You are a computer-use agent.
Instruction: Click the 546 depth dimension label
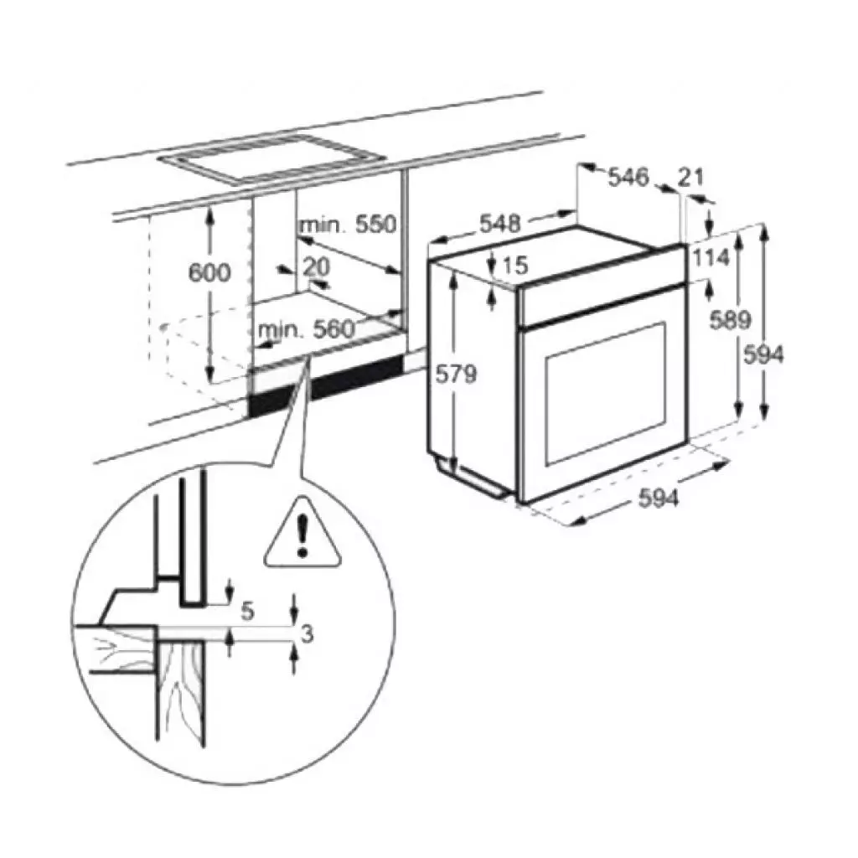tap(628, 178)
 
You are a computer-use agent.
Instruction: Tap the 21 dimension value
tap(690, 177)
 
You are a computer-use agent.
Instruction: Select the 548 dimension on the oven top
tap(499, 223)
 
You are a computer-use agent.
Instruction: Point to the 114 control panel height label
tap(711, 257)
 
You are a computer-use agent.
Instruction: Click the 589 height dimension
tap(730, 320)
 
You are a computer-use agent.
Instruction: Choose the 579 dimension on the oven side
tap(456, 375)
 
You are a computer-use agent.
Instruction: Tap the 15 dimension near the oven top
tap(514, 266)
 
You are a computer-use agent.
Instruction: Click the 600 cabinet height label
tap(209, 272)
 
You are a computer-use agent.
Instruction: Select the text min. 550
tap(348, 225)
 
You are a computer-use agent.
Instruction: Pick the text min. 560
tap(307, 329)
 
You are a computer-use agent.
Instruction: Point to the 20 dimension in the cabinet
tap(317, 266)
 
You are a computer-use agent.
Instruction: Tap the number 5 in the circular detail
tap(247, 611)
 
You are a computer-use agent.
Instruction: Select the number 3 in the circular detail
tap(308, 634)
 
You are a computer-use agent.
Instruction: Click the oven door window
tap(606, 394)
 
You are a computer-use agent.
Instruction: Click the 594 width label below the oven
tap(659, 499)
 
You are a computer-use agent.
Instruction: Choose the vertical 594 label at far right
tap(764, 355)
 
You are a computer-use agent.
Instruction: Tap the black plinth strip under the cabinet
tap(326, 384)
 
